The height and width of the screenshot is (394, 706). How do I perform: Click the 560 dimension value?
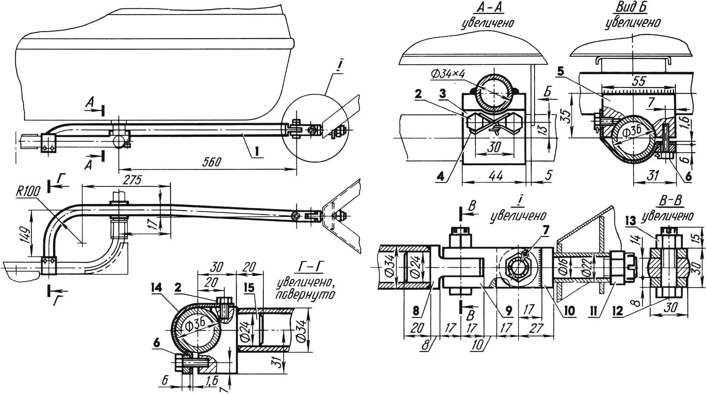pyautogui.click(x=212, y=162)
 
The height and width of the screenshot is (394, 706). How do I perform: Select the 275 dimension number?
pyautogui.click(x=131, y=180)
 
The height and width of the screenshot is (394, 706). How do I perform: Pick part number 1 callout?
pyautogui.click(x=257, y=151)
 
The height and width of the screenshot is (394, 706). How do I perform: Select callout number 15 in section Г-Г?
pyautogui.click(x=249, y=288)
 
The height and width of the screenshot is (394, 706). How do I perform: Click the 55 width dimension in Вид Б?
pyautogui.click(x=639, y=82)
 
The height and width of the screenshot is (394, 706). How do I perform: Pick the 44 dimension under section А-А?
pyautogui.click(x=496, y=175)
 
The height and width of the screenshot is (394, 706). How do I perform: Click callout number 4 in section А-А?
pyautogui.click(x=440, y=176)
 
